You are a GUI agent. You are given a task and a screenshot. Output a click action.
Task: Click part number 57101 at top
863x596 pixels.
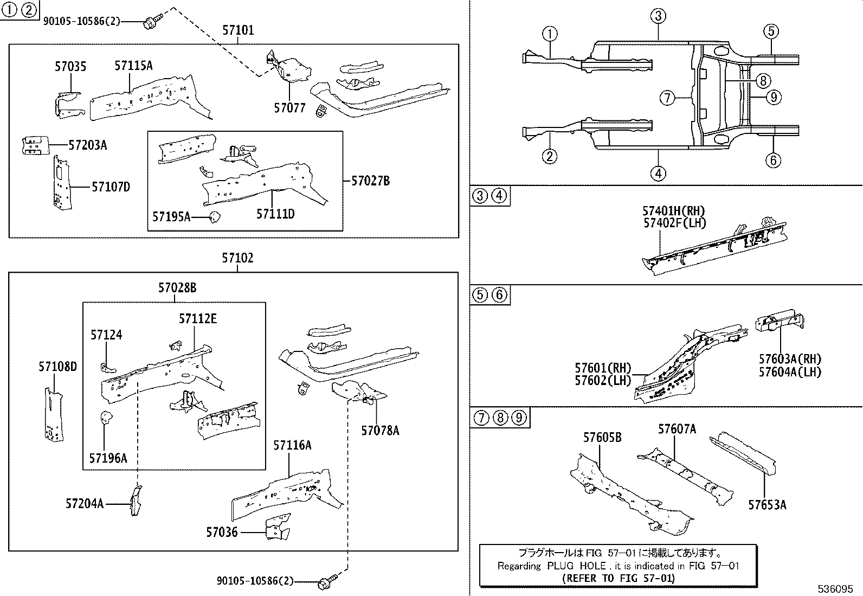coord(237,31)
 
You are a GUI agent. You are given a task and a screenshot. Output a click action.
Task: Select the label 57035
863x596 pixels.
coord(70,67)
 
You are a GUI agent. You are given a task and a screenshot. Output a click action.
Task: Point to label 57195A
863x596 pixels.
coord(171,217)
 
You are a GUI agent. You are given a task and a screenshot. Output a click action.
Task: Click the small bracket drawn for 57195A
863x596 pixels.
coord(215,217)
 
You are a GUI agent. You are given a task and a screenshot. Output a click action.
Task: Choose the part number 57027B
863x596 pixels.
coord(370,181)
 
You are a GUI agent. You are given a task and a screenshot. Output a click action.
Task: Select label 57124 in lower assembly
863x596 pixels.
coord(106,335)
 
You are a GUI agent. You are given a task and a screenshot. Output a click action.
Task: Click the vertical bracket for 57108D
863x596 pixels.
coord(53,413)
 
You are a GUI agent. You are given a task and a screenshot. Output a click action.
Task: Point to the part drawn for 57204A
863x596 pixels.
coord(134,501)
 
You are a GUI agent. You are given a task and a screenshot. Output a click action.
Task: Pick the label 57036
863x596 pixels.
coord(222,533)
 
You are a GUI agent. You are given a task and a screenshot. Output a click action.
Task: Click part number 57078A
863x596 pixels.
coord(380,431)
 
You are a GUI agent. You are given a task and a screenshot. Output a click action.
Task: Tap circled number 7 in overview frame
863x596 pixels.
coord(667,98)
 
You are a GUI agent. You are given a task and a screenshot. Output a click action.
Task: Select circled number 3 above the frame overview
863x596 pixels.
coord(658,16)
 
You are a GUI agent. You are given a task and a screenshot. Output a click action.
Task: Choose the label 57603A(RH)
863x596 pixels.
coord(790,359)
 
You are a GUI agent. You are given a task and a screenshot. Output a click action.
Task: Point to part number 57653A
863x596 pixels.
coord(767,505)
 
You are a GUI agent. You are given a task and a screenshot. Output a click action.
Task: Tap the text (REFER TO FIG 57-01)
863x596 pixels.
coord(619,578)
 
